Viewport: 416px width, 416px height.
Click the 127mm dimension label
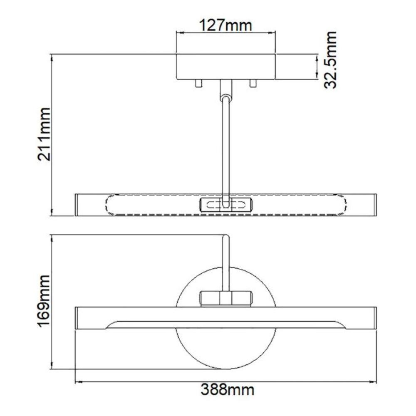[226, 26]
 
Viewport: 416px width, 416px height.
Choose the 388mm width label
[227, 390]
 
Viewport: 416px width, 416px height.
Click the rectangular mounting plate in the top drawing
[226, 67]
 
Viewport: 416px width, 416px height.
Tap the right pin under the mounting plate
[253, 83]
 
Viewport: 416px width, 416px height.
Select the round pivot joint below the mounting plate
[225, 98]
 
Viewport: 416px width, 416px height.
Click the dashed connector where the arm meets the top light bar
[225, 205]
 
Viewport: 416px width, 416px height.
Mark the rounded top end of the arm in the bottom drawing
[225, 237]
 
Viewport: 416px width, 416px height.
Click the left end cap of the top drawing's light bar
[78, 205]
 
